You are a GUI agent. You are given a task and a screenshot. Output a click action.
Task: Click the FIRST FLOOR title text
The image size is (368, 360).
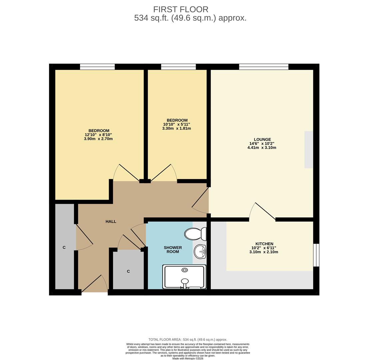pos(181,9)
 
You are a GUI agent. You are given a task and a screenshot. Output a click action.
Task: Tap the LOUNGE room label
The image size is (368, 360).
pos(262,139)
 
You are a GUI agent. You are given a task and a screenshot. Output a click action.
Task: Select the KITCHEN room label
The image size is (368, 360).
pos(264,244)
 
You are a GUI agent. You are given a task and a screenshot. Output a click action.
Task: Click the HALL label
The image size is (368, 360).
pos(111,221)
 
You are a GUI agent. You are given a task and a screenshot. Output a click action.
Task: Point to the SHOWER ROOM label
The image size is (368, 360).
pos(173,250)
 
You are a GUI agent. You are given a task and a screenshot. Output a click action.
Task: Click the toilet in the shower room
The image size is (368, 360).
pos(195,234)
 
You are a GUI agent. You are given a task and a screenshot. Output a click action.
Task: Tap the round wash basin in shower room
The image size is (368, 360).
pos(200,251)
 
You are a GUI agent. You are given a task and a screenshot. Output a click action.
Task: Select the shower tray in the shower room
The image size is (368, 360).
pos(184,277)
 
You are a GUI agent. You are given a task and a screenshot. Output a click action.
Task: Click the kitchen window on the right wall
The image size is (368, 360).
pos(316,255)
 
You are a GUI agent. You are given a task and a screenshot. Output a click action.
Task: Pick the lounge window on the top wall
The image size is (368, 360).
pos(264,67)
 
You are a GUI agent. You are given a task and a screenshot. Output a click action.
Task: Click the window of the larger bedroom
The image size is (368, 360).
pos(97,67)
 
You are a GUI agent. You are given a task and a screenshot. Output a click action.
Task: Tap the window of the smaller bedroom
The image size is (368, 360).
pos(178,67)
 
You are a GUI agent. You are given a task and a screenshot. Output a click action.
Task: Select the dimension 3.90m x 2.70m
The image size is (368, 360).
pos(98,139)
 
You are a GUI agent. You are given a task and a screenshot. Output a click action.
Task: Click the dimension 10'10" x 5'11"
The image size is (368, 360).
pos(176,124)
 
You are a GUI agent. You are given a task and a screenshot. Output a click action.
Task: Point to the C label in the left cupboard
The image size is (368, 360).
pos(64,247)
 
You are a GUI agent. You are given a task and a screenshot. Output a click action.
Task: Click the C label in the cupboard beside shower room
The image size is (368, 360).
pos(128,271)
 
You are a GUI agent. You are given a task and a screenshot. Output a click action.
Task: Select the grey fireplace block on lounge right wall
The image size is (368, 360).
pos(309,149)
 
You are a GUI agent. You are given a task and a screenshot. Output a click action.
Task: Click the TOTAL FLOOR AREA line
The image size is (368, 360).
pos(188,340)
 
